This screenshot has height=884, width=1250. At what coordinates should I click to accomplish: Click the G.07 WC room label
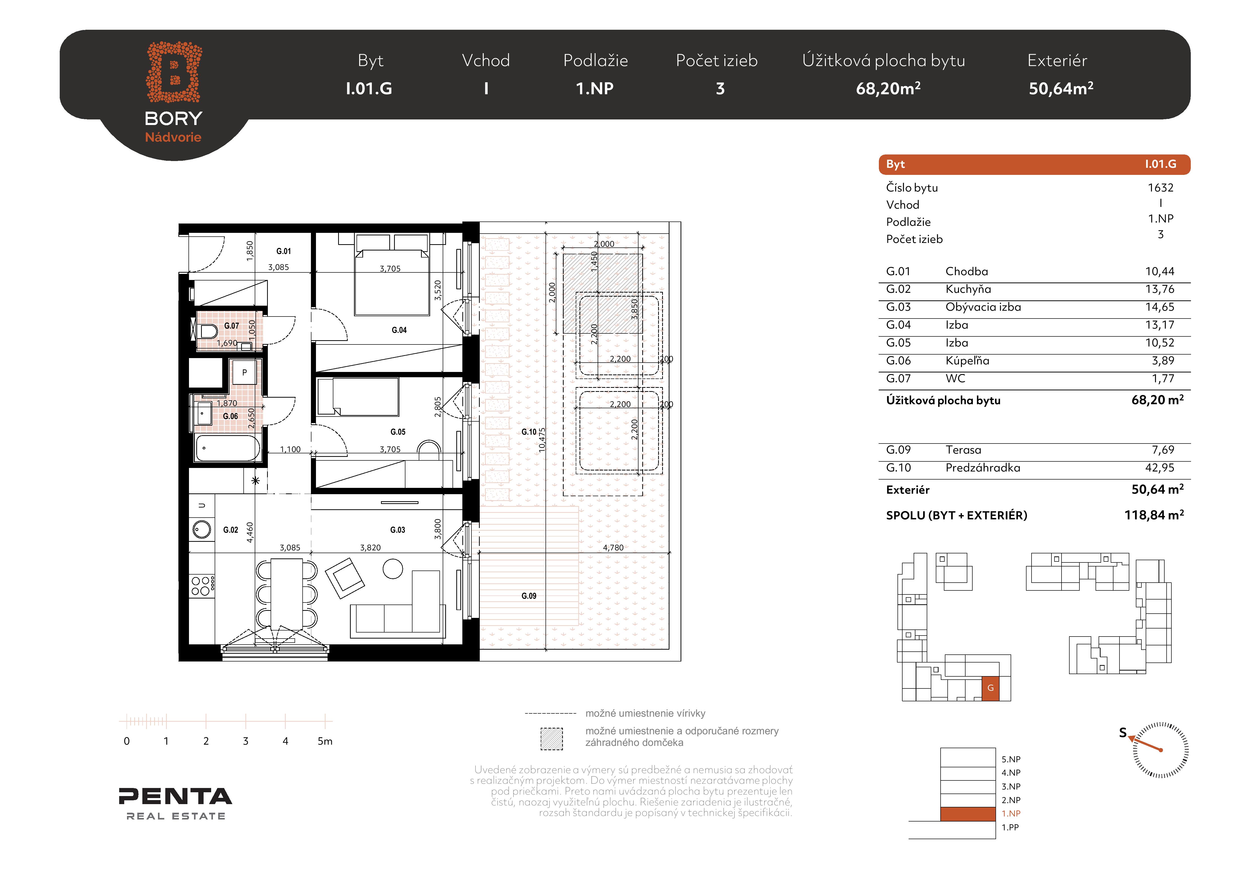click(231, 326)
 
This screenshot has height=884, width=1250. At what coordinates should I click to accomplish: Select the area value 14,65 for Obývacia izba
click(1160, 307)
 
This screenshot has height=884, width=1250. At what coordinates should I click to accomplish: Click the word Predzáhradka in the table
click(983, 468)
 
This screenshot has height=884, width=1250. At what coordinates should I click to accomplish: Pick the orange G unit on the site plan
click(990, 688)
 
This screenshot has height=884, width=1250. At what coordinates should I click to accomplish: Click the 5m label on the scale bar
click(325, 741)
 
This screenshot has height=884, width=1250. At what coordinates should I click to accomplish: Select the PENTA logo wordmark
click(175, 796)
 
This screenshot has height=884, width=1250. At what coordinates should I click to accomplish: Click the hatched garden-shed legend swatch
click(552, 739)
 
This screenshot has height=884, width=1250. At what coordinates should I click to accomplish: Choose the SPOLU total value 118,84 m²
click(1154, 515)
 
